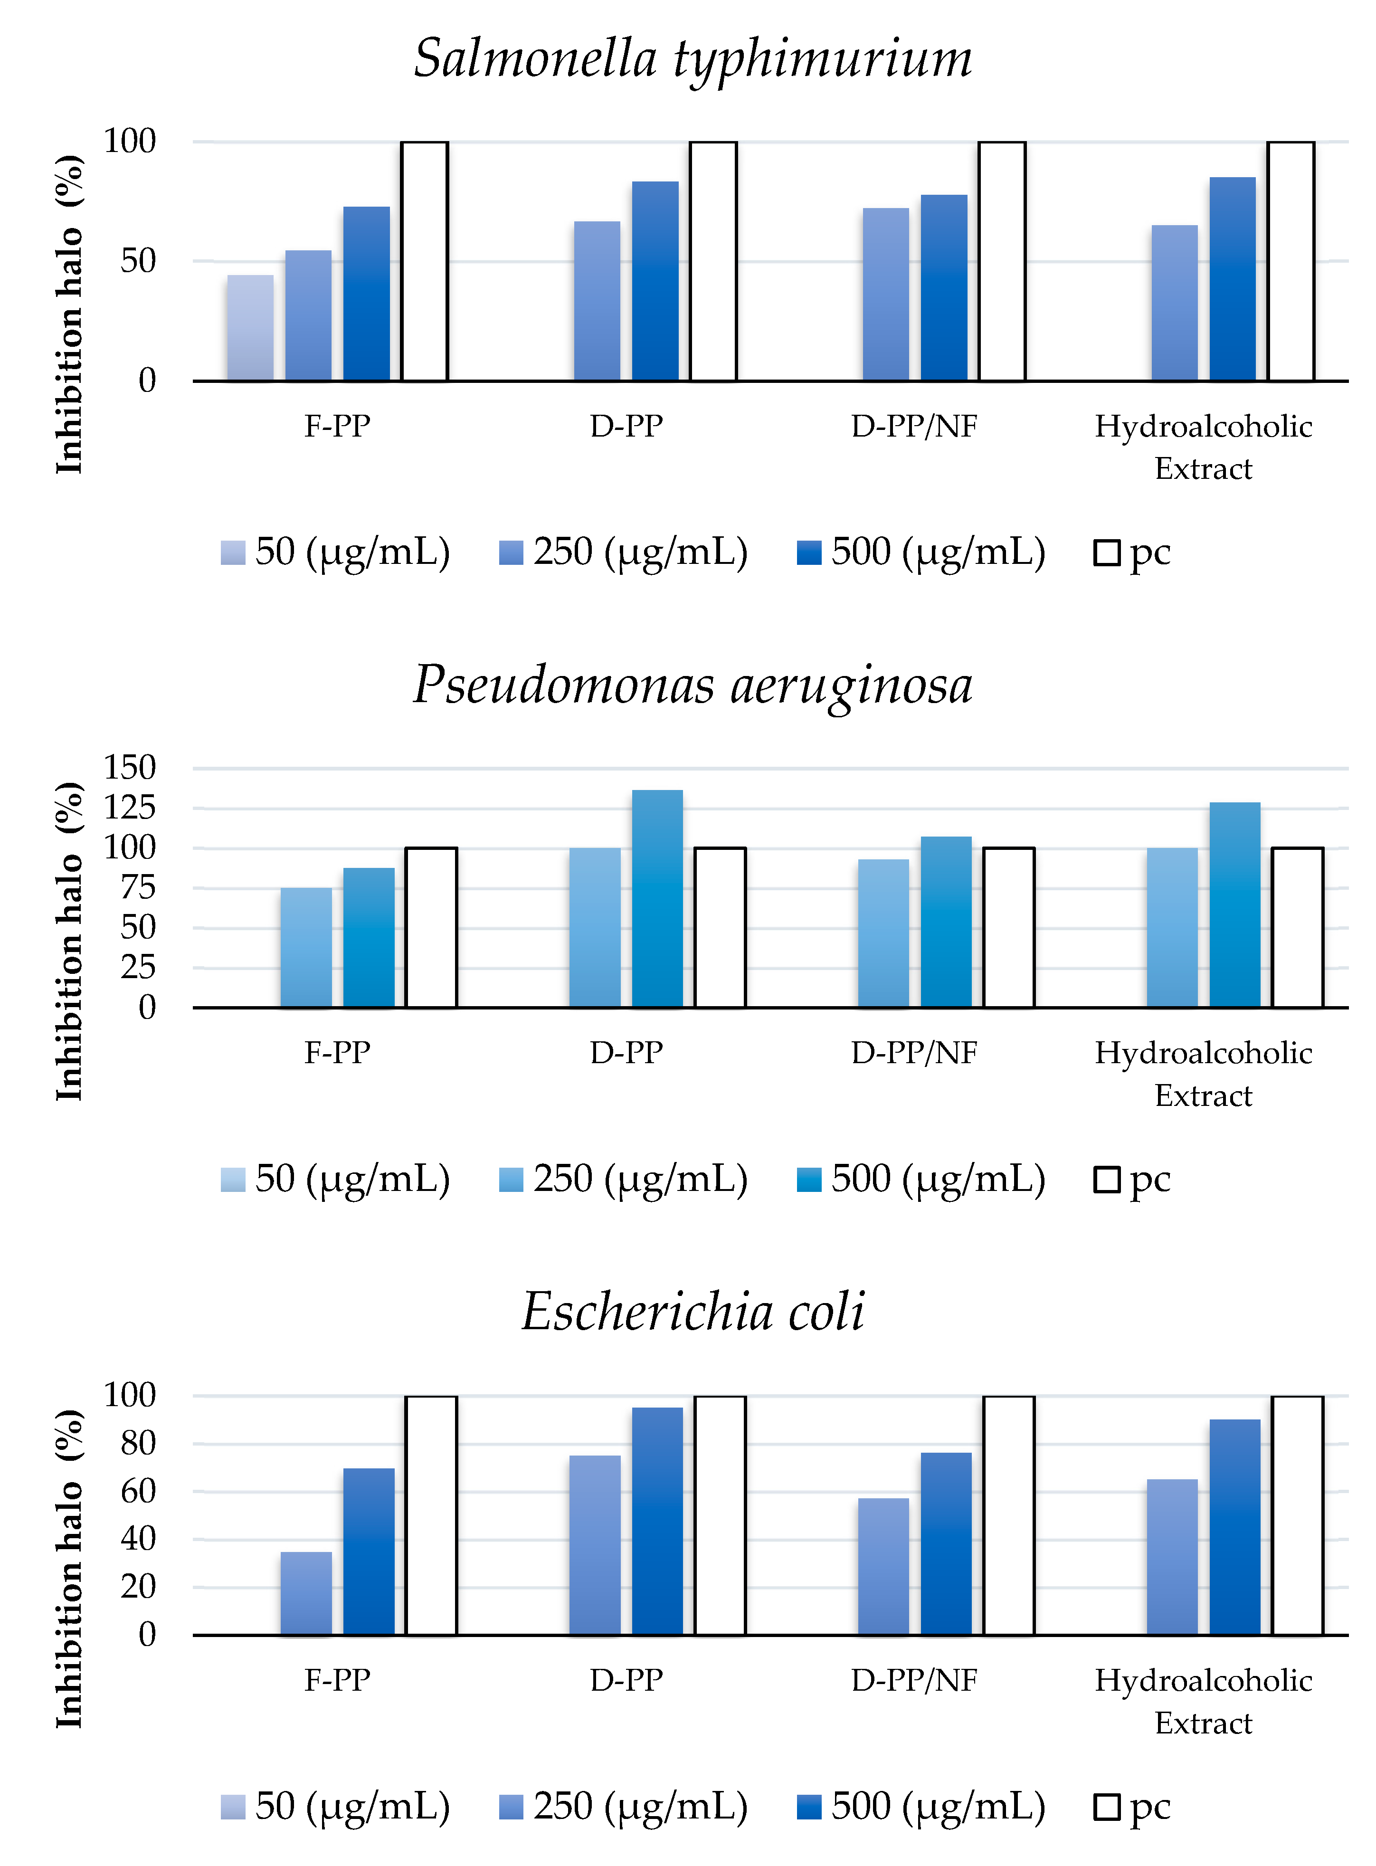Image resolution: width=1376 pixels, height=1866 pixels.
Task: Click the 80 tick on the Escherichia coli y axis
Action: [x=137, y=1444]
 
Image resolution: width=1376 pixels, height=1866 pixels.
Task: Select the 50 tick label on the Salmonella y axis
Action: [x=137, y=262]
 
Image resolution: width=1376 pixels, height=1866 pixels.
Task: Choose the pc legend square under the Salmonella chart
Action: [x=1106, y=553]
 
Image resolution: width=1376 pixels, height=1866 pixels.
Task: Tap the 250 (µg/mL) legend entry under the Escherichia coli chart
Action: [x=623, y=1807]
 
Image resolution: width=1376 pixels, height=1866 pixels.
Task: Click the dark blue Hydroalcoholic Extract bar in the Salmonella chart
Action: [x=1232, y=279]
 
